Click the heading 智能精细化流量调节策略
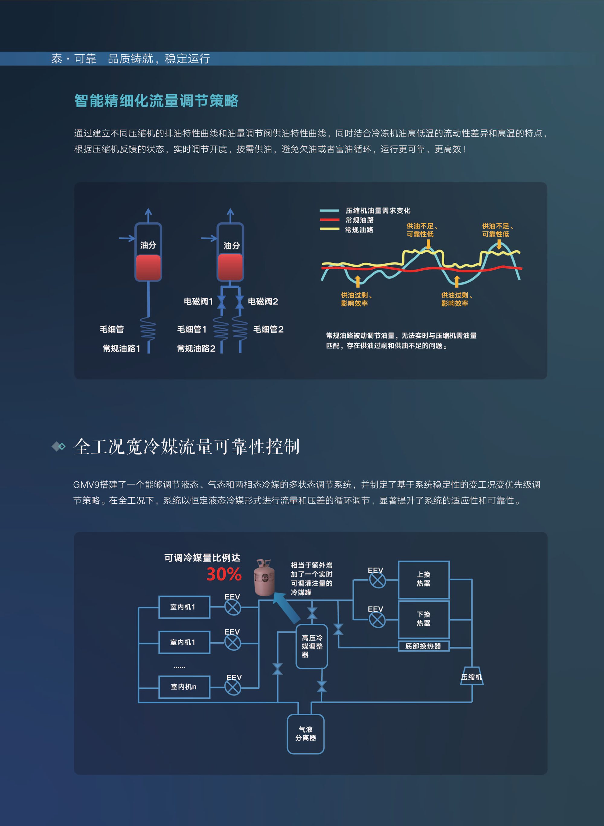(x=156, y=101)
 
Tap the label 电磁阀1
(x=198, y=301)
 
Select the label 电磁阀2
(x=263, y=301)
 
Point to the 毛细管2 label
(x=268, y=329)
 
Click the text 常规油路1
(x=121, y=348)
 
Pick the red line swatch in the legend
(x=329, y=220)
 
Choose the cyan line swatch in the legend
(x=329, y=210)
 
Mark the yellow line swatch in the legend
(x=329, y=229)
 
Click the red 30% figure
(x=224, y=574)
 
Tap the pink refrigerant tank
(x=264, y=577)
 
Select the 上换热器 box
(x=423, y=579)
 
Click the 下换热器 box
(x=423, y=619)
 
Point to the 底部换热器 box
(x=423, y=646)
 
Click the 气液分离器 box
(x=306, y=734)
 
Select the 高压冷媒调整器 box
(x=312, y=646)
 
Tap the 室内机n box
(x=184, y=687)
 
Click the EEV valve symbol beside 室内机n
(x=233, y=687)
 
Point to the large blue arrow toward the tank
(x=286, y=608)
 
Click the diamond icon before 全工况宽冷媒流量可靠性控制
(x=59, y=446)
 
